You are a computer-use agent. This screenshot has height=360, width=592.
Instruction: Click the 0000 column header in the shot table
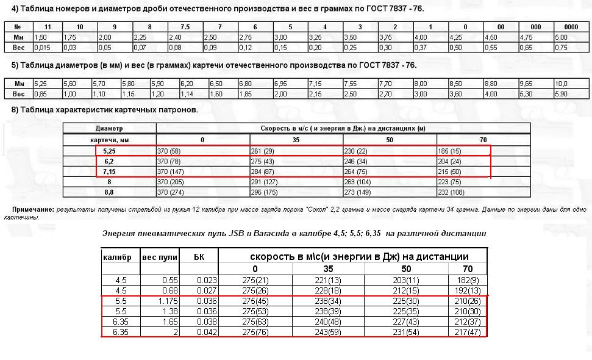tap(571, 27)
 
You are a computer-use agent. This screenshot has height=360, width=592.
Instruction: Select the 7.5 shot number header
tap(185, 27)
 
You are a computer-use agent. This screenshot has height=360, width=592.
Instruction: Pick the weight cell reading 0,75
tap(562, 47)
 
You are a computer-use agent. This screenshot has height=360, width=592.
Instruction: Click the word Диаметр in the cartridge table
tap(109, 129)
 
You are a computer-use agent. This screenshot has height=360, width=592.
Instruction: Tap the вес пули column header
tap(159, 257)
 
